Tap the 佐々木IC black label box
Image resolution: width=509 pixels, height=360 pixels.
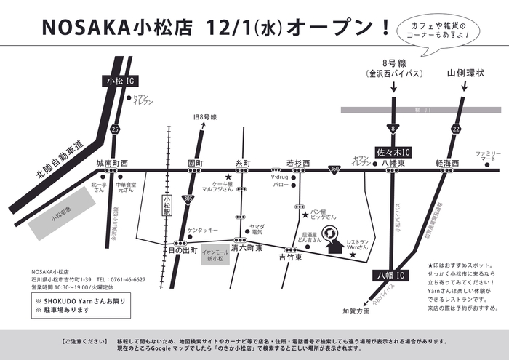pyautogui.click(x=393, y=152)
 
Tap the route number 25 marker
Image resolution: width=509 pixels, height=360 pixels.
pyautogui.click(x=115, y=129)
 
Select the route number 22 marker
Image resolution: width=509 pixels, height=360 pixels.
pyautogui.click(x=456, y=129)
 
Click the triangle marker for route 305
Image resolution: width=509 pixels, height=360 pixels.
pyautogui.click(x=188, y=197)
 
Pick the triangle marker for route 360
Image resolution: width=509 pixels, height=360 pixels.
pyautogui.click(x=334, y=169)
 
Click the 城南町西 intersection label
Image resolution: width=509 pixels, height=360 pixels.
pyautogui.click(x=111, y=164)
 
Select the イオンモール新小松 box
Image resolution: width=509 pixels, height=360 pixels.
pyautogui.click(x=217, y=256)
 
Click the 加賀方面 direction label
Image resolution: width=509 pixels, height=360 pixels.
pyautogui.click(x=356, y=311)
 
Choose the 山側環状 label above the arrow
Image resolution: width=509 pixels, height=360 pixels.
pyautogui.click(x=465, y=73)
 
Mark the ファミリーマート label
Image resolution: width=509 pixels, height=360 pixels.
pyautogui.click(x=488, y=156)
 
